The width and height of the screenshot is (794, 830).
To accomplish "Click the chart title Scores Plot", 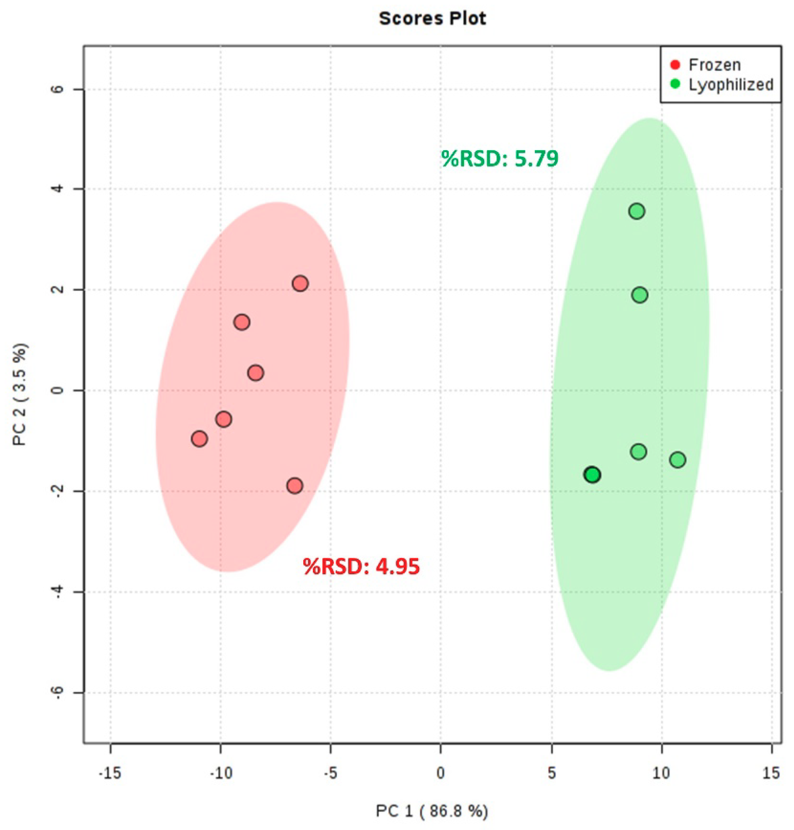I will coord(432,19).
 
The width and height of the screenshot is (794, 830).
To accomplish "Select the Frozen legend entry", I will coord(714,65).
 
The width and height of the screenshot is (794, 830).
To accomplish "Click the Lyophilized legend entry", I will coord(731,85).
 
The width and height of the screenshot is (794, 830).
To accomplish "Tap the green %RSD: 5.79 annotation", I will coord(500,158).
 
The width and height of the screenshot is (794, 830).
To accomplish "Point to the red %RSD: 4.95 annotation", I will coord(361,567).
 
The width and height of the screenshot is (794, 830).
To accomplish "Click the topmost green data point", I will coord(637,211).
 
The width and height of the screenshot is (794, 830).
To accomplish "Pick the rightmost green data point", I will coord(678,460).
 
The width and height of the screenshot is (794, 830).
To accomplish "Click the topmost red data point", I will coord(300,283).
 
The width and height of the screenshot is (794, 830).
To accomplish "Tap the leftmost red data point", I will coord(199,439).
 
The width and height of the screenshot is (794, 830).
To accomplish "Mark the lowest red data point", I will coord(294,486).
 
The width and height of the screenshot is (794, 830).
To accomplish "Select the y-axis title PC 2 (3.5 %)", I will coord(21,394).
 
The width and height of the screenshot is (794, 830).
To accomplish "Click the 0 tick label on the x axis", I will coord(441,774).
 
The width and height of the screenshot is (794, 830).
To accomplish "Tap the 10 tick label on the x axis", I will coord(661,774).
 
